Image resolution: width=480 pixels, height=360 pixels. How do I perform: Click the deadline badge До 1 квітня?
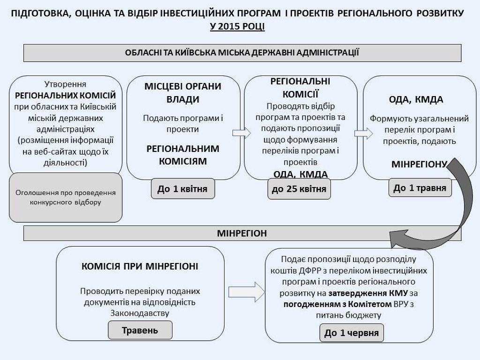point(182,189)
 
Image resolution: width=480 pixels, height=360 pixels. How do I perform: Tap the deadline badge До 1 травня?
point(420,188)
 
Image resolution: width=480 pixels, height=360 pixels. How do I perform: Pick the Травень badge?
point(140,330)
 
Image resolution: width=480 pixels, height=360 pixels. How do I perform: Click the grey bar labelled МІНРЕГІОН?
point(242,233)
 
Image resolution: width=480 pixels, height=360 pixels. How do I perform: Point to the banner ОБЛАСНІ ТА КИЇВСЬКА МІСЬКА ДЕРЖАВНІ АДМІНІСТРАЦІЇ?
point(242,52)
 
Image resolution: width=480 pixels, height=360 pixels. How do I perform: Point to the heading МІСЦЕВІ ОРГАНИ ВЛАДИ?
point(183,93)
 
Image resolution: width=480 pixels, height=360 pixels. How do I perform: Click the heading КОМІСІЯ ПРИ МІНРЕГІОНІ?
point(140,266)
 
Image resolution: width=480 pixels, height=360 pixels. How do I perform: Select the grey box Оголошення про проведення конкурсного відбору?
point(66,197)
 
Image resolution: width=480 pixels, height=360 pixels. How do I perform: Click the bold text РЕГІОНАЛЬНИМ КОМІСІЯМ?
point(183,155)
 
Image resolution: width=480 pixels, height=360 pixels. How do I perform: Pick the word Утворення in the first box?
point(65,84)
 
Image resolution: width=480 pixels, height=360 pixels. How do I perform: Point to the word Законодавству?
point(140,312)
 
